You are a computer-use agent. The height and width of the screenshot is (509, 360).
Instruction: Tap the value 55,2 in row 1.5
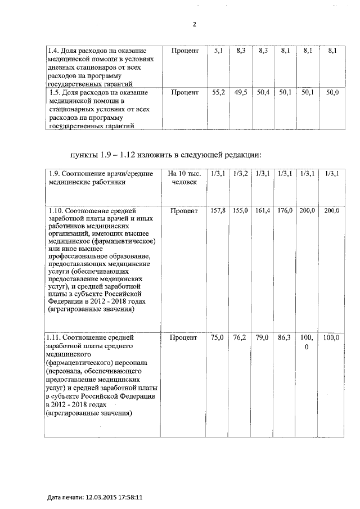point(218,92)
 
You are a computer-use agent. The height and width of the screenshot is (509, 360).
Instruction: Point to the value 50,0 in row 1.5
point(332,92)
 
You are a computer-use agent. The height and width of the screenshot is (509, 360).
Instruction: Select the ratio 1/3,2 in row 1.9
point(241,174)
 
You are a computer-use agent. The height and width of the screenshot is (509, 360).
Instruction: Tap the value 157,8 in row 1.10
point(218,210)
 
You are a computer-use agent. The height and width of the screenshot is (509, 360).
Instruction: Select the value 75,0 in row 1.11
point(218,337)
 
